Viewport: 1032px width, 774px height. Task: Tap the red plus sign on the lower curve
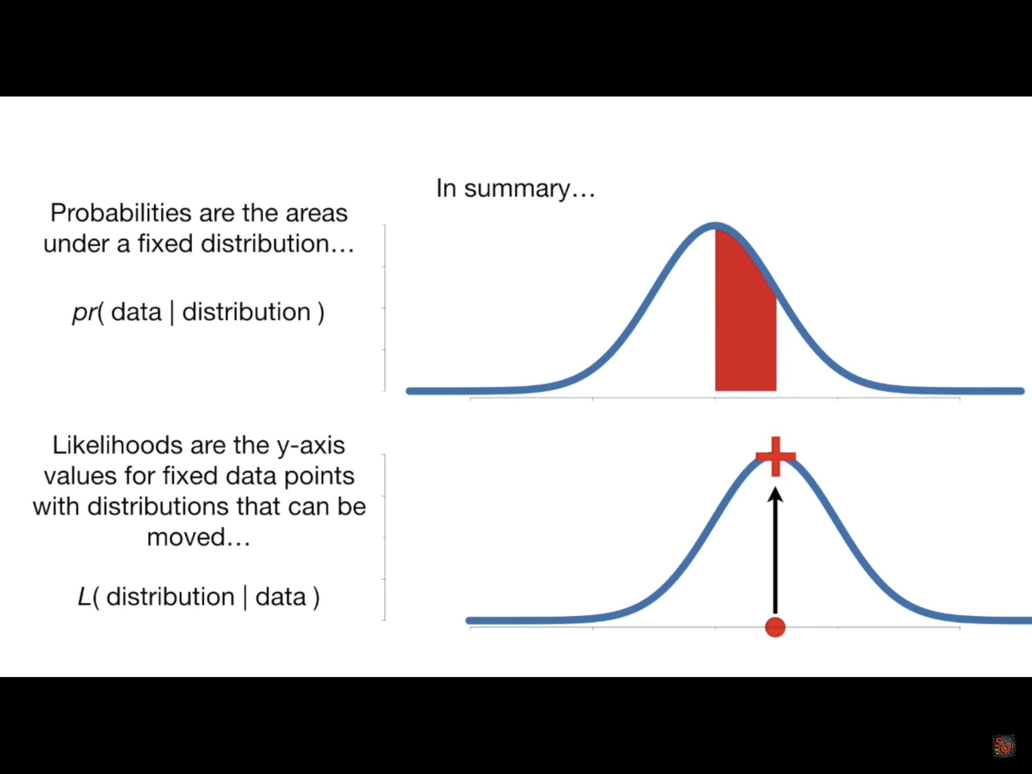[775, 456]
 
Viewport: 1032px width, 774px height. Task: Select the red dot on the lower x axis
[775, 627]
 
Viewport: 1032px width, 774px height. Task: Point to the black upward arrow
[775, 550]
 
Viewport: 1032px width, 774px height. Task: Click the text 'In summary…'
[516, 189]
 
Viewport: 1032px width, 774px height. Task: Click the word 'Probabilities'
[121, 213]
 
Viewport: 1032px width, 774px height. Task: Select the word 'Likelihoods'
[117, 445]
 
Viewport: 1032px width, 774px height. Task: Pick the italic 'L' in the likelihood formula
[84, 597]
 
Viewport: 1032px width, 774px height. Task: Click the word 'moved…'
[199, 537]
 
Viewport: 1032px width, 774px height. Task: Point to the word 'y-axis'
[311, 446]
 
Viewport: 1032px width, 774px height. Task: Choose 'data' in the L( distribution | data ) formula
[280, 597]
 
